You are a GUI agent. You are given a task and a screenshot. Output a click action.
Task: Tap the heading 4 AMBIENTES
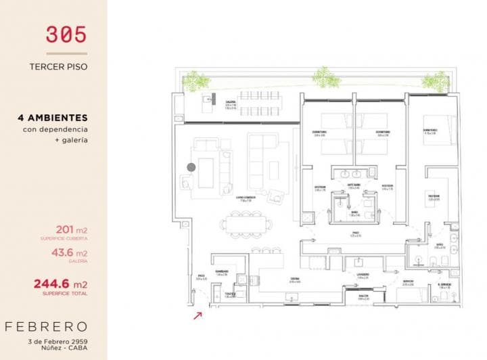[53, 117]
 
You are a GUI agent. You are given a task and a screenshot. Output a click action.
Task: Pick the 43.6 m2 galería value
[68, 252]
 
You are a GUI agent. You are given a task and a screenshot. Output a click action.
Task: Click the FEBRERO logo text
[53, 326]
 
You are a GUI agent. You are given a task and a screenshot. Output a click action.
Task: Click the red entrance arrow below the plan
[198, 314]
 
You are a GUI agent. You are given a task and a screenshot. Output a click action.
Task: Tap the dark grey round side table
[191, 166]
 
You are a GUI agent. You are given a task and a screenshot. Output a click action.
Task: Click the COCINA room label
[295, 279]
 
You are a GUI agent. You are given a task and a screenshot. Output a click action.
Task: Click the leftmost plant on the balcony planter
[196, 82]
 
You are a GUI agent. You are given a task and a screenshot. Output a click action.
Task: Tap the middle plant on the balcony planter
[323, 76]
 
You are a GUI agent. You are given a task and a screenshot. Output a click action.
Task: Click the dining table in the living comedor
[246, 222]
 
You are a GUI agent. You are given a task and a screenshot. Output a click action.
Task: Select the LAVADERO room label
[363, 275]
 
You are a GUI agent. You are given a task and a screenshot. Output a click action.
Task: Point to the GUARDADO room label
[223, 271]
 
